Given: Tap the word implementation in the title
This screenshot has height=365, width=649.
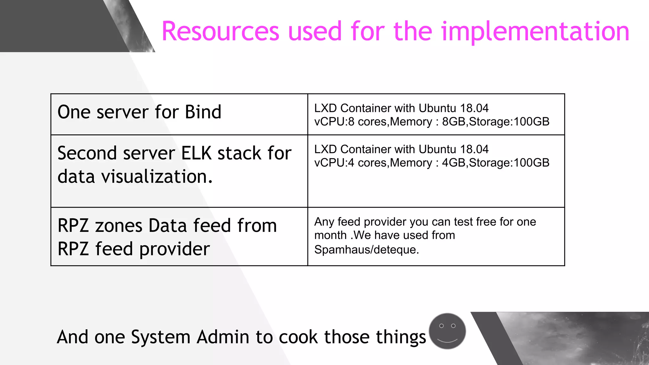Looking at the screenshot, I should (x=535, y=31).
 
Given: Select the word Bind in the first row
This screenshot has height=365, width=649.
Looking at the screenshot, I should (x=203, y=112).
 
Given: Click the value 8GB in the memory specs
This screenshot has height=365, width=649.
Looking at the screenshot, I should (x=454, y=122).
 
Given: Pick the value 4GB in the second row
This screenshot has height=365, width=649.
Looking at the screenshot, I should (x=454, y=163).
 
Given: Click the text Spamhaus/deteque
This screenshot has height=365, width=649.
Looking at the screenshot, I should (x=366, y=250).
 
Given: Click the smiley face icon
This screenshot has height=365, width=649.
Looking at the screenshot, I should (x=447, y=331).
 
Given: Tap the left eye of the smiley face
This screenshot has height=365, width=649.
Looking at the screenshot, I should (x=441, y=326).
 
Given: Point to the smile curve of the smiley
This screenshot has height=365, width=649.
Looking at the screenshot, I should (x=447, y=341).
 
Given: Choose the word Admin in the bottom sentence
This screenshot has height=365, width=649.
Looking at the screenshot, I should (x=223, y=337).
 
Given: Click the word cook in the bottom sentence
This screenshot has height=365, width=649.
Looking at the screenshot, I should (x=298, y=337).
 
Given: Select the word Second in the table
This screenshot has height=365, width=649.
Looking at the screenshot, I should (x=87, y=153).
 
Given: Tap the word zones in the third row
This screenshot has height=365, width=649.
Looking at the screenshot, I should (x=119, y=226).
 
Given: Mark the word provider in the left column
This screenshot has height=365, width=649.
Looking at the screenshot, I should (x=174, y=249).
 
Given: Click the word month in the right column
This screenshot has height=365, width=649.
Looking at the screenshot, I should (x=330, y=235).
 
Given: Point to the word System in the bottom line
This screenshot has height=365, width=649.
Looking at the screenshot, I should (x=161, y=337).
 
